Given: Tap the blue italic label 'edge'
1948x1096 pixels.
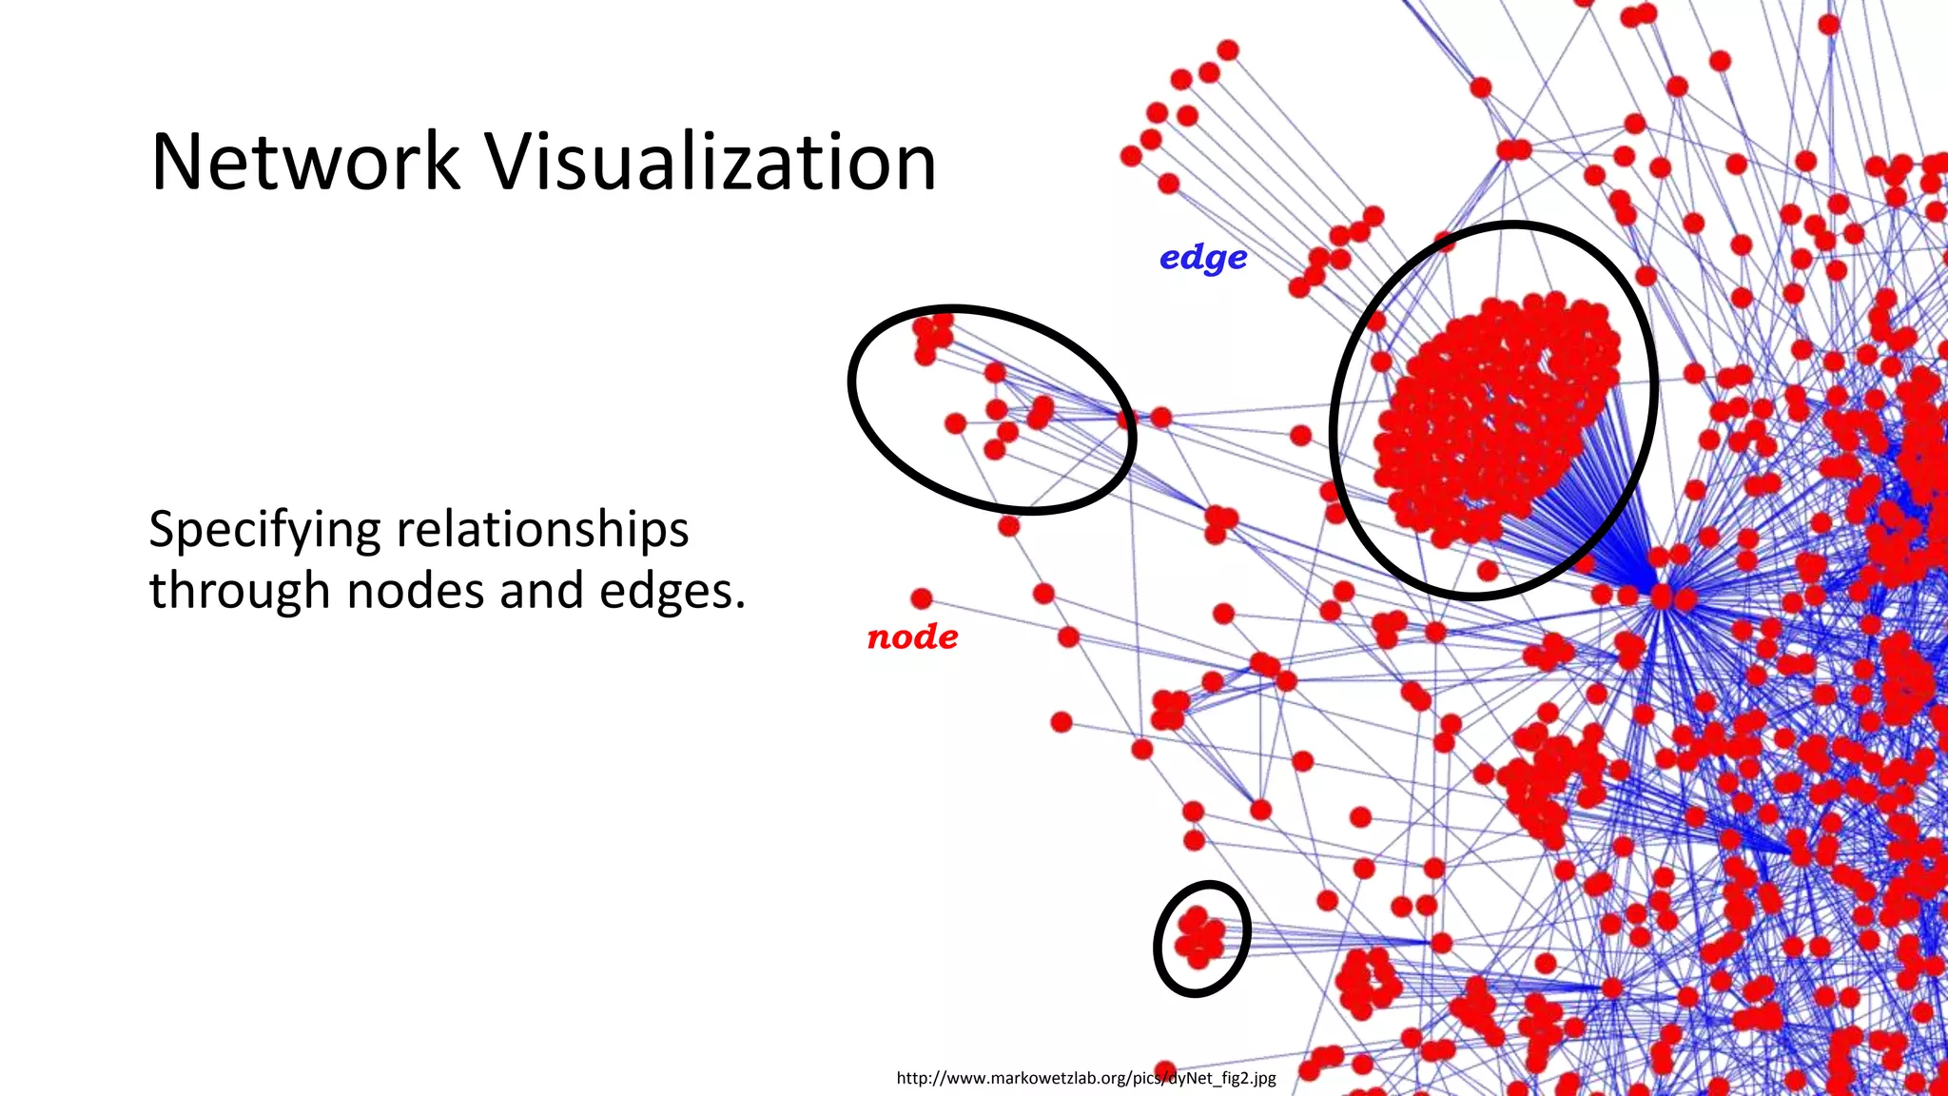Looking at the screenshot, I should click(x=1203, y=258).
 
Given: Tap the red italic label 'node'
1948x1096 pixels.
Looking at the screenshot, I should click(x=912, y=636).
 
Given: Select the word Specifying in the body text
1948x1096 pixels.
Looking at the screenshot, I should click(x=263, y=531).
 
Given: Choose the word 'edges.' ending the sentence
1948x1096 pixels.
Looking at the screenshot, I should click(x=681, y=593).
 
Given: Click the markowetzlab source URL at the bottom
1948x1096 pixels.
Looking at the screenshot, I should click(x=1085, y=1078).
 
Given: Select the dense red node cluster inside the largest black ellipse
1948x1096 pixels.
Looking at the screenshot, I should click(x=1493, y=419).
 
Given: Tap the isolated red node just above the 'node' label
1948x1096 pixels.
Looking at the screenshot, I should click(x=921, y=598).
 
